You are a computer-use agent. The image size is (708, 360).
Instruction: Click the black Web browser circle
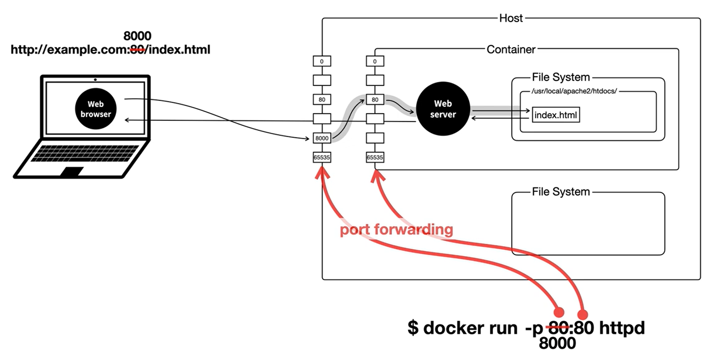pyautogui.click(x=96, y=109)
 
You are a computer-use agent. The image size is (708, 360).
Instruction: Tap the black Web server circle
pyautogui.click(x=443, y=109)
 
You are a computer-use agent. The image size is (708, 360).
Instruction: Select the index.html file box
pyautogui.click(x=555, y=115)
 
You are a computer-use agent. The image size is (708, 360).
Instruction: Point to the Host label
pyautogui.click(x=511, y=18)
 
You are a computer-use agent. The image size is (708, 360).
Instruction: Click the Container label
pyautogui.click(x=511, y=50)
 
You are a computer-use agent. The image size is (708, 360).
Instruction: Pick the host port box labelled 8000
pyautogui.click(x=322, y=138)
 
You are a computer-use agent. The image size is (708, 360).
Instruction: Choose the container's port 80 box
pyautogui.click(x=375, y=100)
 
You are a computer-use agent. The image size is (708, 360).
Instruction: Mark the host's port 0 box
pyautogui.click(x=322, y=61)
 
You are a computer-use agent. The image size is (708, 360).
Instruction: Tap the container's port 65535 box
pyautogui.click(x=375, y=158)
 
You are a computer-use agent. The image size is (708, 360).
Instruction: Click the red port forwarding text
pyautogui.click(x=396, y=229)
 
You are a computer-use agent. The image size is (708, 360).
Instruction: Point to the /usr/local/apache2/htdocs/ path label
pyautogui.click(x=574, y=91)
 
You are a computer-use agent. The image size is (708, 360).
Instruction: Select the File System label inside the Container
pyautogui.click(x=561, y=78)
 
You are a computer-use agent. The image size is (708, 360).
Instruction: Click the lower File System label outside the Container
pyautogui.click(x=561, y=192)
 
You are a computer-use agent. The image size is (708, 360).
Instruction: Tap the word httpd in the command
pyautogui.click(x=622, y=328)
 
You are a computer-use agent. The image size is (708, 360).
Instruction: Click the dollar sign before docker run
pyautogui.click(x=413, y=328)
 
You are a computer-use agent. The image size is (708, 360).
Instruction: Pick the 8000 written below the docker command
pyautogui.click(x=557, y=343)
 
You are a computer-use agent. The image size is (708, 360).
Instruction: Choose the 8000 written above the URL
pyautogui.click(x=137, y=36)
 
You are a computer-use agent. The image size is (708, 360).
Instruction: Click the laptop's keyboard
pyautogui.click(x=85, y=153)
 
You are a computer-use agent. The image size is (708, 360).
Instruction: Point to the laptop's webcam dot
pyautogui.click(x=95, y=79)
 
